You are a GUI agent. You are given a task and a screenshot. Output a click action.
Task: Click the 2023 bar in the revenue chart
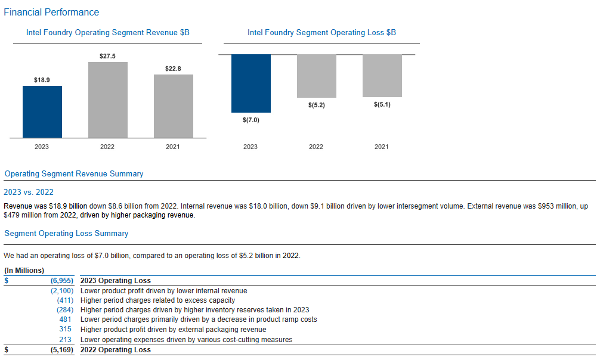point(42,112)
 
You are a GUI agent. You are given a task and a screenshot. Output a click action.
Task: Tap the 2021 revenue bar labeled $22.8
point(174,106)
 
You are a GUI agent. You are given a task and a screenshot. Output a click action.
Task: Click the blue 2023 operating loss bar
point(250,83)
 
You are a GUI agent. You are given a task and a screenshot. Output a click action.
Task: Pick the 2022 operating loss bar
point(316,76)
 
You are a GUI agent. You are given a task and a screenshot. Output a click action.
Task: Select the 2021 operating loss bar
point(382,76)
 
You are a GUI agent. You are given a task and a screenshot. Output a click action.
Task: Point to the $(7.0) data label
point(250,120)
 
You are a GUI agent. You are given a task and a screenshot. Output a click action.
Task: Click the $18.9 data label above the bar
point(42,79)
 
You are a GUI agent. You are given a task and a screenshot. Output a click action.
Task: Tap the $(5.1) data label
point(382,105)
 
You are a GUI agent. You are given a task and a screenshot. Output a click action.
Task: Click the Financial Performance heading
point(51,13)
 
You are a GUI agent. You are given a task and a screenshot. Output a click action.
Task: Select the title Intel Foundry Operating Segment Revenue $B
point(108,33)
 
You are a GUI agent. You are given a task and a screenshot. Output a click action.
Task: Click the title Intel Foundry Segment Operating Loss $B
point(321,33)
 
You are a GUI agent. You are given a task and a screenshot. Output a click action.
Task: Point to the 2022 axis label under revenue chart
point(107,147)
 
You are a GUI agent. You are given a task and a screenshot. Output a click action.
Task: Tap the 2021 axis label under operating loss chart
point(382,147)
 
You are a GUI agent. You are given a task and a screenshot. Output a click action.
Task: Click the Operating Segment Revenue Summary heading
point(74,174)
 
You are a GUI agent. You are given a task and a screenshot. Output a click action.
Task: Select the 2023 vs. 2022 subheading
point(29,192)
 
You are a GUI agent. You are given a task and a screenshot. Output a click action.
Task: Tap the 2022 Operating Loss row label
point(116,350)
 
